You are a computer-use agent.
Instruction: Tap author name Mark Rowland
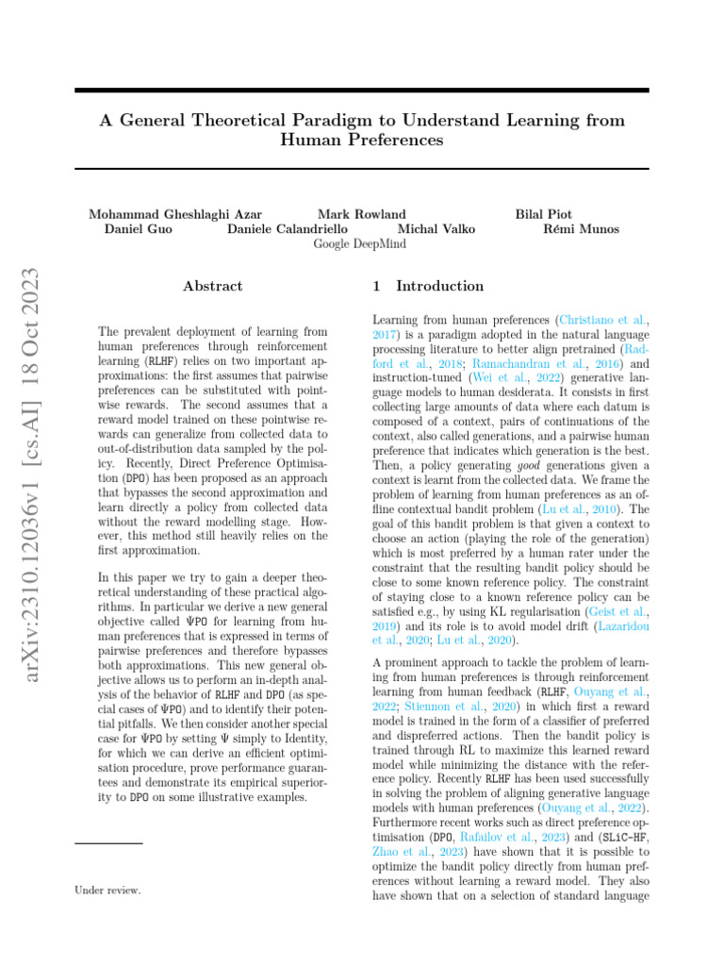click(362, 214)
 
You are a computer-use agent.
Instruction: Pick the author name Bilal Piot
click(543, 214)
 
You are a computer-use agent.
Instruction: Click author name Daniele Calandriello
click(288, 228)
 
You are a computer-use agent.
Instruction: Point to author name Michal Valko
click(436, 228)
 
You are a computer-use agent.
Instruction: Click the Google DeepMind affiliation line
click(360, 243)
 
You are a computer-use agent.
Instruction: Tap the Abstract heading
click(212, 286)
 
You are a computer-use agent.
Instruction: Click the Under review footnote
click(107, 890)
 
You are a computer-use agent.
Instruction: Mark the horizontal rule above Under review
click(108, 842)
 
